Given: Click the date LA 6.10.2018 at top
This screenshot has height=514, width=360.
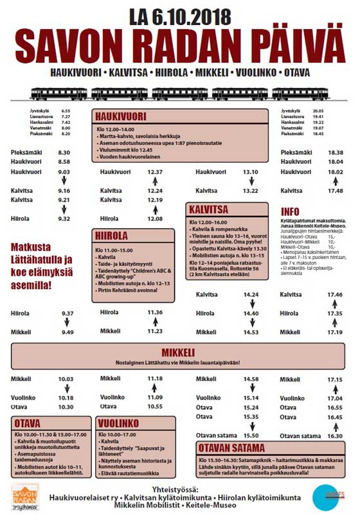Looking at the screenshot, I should pos(179,15).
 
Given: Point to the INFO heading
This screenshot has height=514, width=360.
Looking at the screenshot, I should pos(291,212).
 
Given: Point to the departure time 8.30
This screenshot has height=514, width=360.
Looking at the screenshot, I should pos(64,152).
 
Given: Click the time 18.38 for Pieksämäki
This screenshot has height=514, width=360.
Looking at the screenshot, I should pos(335,152).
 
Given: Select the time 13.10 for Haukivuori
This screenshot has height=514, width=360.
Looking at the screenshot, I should pos(250,172).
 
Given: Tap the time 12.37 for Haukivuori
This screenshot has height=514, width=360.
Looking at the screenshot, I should pos(155,172).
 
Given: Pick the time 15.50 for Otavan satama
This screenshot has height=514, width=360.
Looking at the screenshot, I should pos(251,435).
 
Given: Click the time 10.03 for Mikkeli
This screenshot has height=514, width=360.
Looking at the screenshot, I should pos(66,379).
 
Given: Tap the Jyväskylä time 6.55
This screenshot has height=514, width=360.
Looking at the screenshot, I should pos(66,111).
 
